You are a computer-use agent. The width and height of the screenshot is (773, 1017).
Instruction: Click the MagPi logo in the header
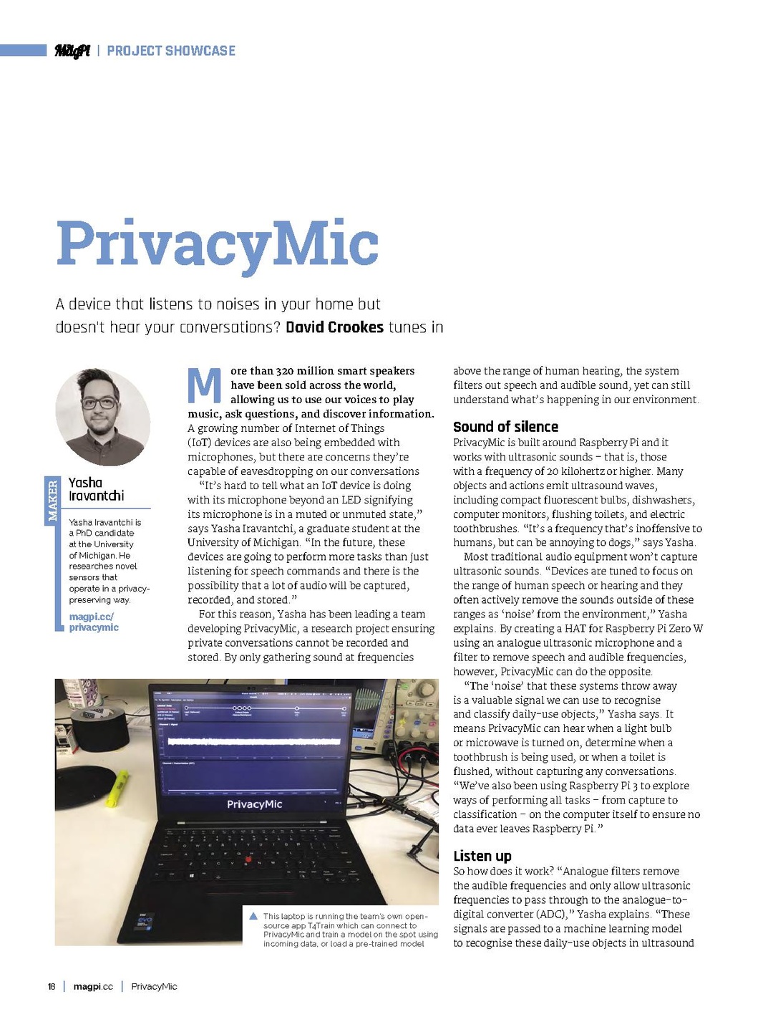tap(72, 51)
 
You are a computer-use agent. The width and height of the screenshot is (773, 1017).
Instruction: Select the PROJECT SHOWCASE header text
tap(171, 51)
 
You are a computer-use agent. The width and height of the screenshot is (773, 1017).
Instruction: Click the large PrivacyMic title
tap(218, 244)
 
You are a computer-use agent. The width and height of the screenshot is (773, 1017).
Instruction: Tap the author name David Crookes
tap(334, 327)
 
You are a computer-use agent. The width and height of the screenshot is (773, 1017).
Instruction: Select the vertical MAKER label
tap(52, 501)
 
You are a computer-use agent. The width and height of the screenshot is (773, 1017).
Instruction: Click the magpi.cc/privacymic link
tap(93, 622)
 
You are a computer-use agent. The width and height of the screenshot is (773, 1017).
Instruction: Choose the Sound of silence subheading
tap(505, 427)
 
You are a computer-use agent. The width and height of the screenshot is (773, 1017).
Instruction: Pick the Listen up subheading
tap(482, 856)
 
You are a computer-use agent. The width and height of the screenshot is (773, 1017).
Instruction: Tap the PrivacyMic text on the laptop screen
tap(254, 804)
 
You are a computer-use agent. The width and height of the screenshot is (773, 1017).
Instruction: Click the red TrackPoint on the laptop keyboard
tap(248, 859)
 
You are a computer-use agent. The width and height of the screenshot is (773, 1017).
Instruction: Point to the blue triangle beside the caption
tap(253, 916)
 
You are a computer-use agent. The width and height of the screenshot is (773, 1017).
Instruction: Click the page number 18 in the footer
tap(52, 986)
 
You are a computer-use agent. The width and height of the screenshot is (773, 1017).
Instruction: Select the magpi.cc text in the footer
tap(93, 986)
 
